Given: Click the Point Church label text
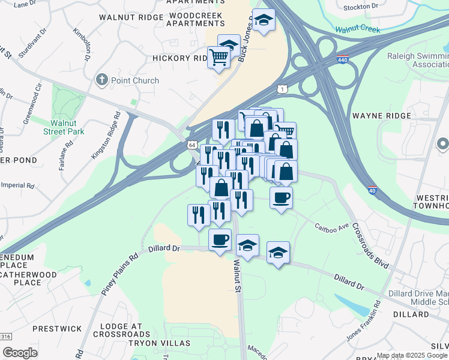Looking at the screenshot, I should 135,80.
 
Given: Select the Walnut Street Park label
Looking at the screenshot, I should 67,127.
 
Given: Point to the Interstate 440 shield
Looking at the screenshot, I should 343,60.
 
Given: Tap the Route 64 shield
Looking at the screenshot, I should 191,145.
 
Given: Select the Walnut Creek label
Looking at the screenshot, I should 358,29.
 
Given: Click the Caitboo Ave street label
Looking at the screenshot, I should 332,227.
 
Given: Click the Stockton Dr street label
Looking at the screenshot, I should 361,7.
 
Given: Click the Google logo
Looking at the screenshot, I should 20,353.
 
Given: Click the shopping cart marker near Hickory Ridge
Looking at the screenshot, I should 219,58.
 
